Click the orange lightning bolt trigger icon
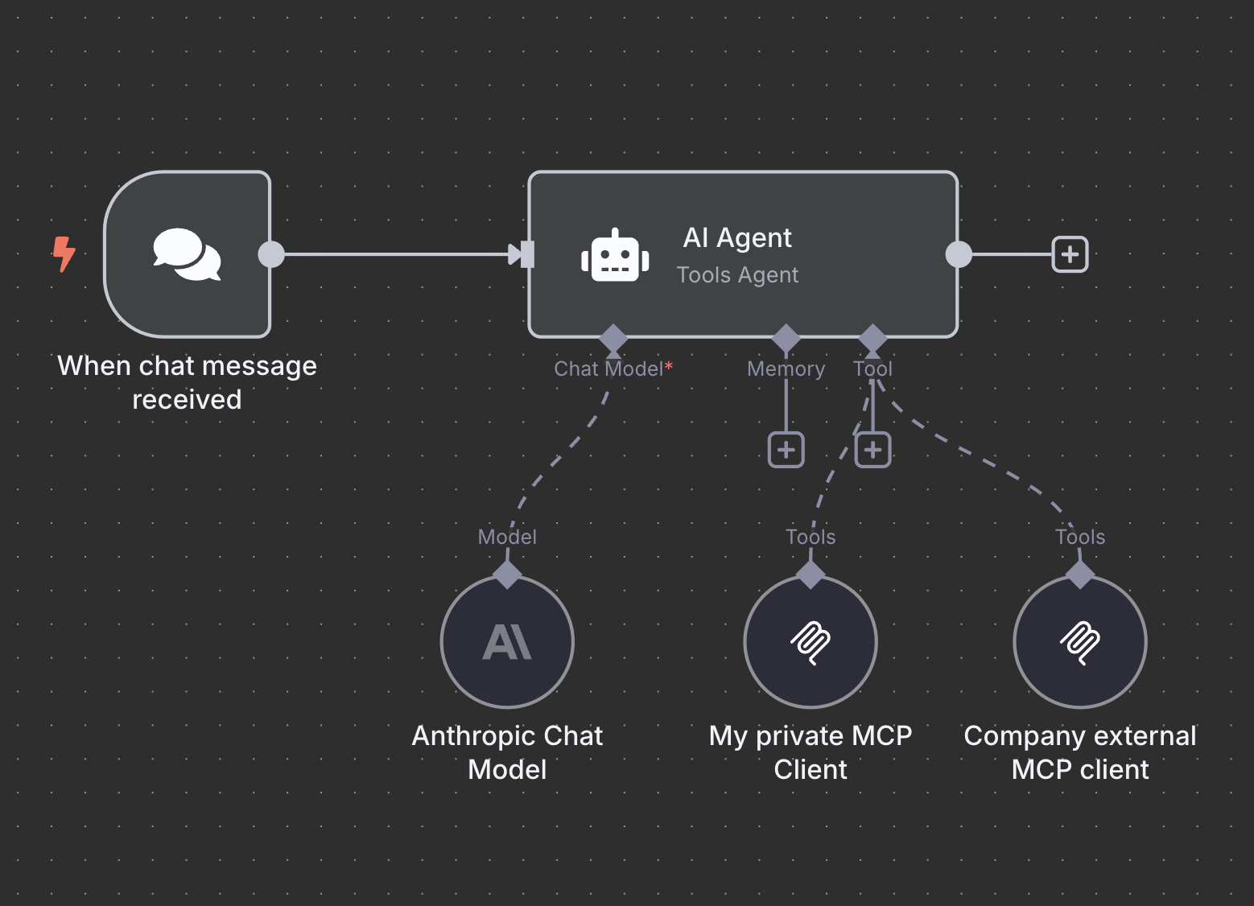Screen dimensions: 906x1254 click(64, 254)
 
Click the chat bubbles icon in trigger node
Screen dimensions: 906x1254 click(187, 254)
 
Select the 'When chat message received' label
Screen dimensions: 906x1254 click(187, 382)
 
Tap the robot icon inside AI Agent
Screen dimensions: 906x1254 click(615, 257)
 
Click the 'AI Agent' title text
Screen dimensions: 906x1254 click(737, 238)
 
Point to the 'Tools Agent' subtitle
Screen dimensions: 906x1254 click(737, 275)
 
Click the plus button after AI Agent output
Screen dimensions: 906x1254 click(1070, 254)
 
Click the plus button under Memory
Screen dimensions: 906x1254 click(786, 450)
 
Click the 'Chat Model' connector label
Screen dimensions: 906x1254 click(608, 369)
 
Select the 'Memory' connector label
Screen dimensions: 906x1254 click(786, 369)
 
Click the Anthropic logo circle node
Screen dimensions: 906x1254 click(507, 642)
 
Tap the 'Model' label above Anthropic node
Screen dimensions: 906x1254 click(507, 537)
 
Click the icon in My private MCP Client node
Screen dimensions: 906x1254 click(811, 642)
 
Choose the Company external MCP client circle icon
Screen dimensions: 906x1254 click(1079, 642)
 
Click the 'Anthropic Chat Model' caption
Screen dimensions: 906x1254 click(507, 752)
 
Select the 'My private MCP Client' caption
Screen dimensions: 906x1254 click(811, 752)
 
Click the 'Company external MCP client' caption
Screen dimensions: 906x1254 click(1079, 752)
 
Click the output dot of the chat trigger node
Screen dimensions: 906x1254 click(271, 254)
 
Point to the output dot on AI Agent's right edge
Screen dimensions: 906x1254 click(958, 254)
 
